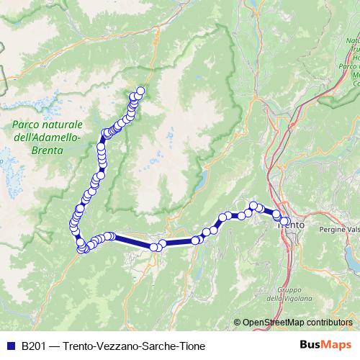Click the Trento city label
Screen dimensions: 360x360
[x=291, y=225]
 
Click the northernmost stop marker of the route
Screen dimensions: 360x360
[x=140, y=91]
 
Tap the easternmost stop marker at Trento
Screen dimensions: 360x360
[x=286, y=222]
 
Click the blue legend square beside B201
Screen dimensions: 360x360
[x=11, y=346]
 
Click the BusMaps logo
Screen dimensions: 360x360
[x=330, y=345]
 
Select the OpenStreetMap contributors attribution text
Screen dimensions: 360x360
[x=299, y=323]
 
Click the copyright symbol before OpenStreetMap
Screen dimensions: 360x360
[x=238, y=323]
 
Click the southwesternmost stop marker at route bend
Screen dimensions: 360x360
[x=82, y=249]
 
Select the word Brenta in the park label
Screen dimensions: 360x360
[x=48, y=150]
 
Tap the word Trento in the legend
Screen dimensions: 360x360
[x=80, y=346]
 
